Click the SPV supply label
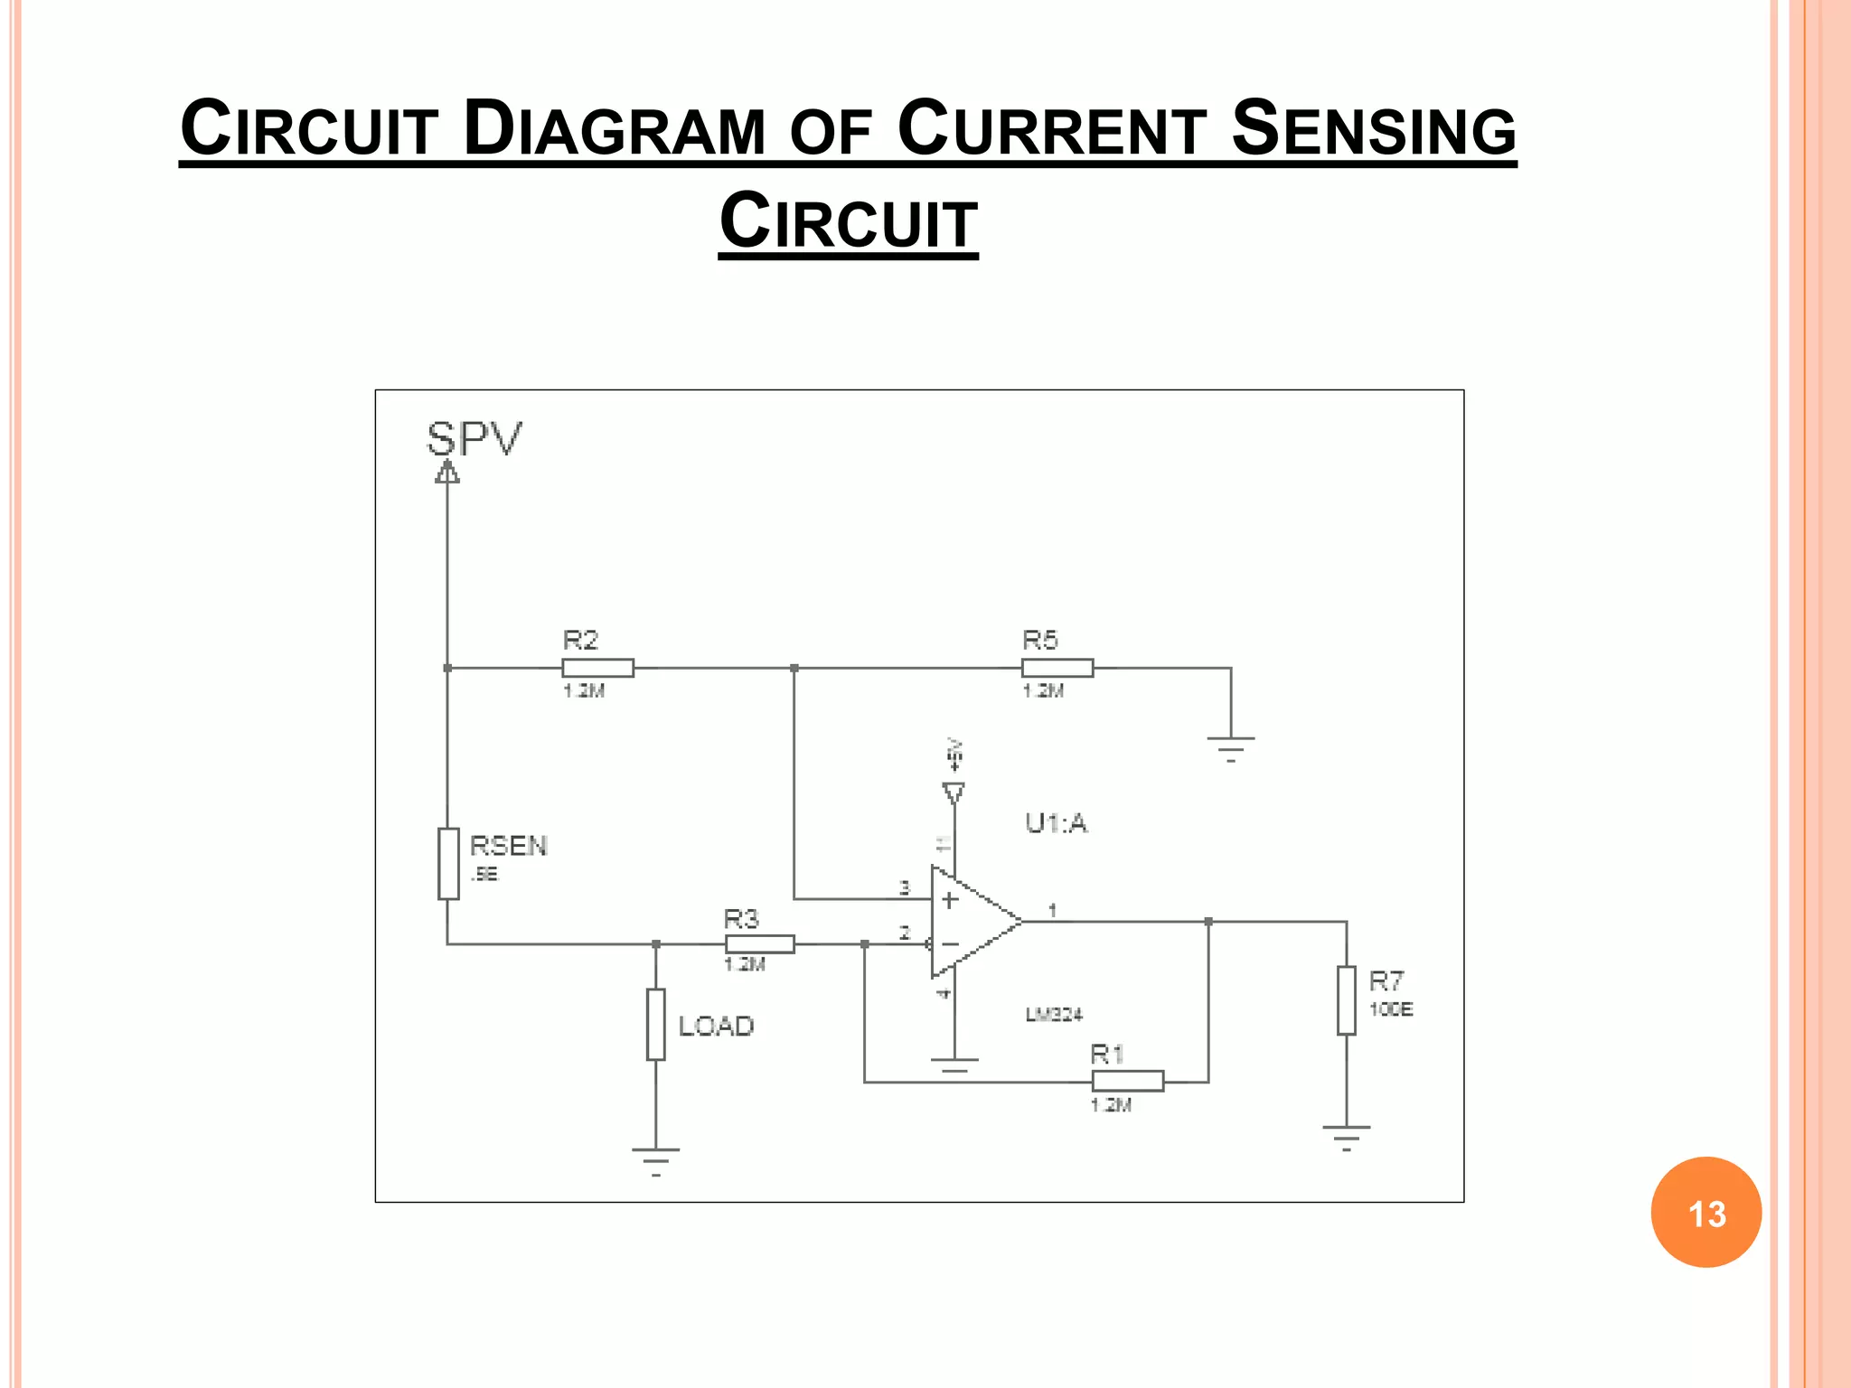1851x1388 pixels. coord(474,440)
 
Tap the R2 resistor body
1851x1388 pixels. coord(597,668)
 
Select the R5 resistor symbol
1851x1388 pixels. coord(1057,668)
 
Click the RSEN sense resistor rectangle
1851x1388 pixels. coord(448,863)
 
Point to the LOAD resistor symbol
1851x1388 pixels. coord(656,1024)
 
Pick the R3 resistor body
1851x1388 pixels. coord(759,944)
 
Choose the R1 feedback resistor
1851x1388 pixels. coord(1127,1081)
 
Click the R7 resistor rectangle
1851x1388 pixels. coord(1347,999)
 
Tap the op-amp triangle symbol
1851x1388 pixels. coord(972,922)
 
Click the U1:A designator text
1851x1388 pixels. coord(1056,823)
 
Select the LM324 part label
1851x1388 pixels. coord(1054,1015)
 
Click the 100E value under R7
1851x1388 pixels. coord(1391,1009)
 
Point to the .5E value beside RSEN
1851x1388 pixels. coord(484,874)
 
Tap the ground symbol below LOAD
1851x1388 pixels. coord(656,1158)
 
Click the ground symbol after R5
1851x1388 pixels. coord(1230,747)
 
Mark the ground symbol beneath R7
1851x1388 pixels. coord(1347,1136)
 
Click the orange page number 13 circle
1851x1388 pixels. coord(1705,1213)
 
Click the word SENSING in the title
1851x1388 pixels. coord(1373,129)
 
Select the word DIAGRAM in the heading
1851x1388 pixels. coord(615,129)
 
